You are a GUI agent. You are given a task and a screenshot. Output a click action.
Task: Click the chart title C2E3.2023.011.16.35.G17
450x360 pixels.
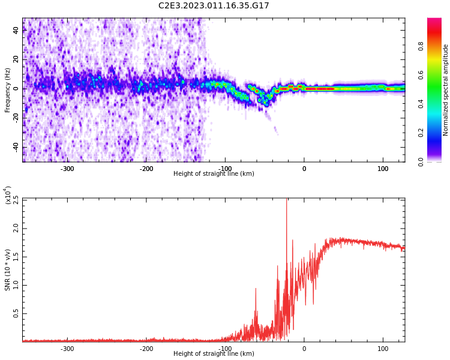[214, 6]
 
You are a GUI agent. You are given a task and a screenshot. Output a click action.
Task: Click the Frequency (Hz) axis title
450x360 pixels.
[8, 90]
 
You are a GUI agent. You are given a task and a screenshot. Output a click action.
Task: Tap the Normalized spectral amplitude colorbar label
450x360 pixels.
[446, 90]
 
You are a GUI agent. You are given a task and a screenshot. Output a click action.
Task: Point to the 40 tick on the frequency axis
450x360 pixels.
[16, 31]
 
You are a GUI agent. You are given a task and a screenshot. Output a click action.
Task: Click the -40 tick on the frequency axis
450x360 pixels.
[15, 147]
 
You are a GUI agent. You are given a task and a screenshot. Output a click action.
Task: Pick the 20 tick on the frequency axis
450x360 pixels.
[16, 59]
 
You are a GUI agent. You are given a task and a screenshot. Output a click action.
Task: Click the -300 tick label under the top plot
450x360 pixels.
[67, 169]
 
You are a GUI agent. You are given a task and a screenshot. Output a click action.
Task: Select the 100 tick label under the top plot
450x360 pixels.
[383, 169]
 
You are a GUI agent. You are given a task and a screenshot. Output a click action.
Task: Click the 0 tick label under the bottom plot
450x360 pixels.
[304, 349]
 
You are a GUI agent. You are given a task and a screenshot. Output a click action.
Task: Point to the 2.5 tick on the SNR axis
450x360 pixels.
[15, 199]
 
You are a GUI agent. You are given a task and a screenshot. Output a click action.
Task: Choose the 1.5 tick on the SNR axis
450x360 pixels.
[15, 256]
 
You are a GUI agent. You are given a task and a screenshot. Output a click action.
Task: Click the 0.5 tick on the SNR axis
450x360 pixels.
[15, 313]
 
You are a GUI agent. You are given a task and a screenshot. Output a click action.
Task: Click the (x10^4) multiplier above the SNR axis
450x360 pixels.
[8, 195]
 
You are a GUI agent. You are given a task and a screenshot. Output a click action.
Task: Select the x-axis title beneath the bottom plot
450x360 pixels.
[214, 354]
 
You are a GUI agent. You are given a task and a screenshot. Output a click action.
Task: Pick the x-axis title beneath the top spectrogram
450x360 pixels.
[214, 174]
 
